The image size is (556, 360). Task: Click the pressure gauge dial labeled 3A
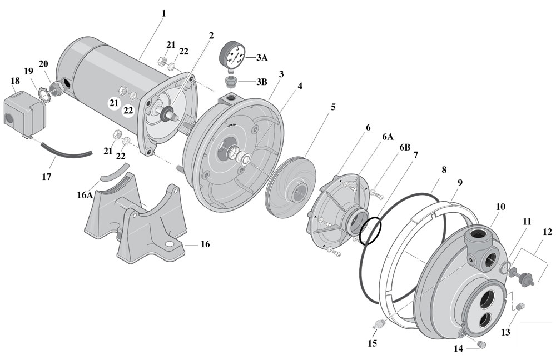pos(232,56)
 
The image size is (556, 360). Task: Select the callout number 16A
pos(85,196)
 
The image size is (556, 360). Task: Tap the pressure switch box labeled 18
pos(24,116)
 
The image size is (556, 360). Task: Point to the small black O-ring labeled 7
pos(371,231)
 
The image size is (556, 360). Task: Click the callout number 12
pos(547,232)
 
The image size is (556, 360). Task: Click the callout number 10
pos(500,207)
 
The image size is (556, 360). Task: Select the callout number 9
pos(459,182)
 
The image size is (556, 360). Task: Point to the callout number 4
pos(300,87)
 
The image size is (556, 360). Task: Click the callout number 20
pos(43,63)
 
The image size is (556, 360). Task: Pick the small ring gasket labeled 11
pos(507,268)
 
